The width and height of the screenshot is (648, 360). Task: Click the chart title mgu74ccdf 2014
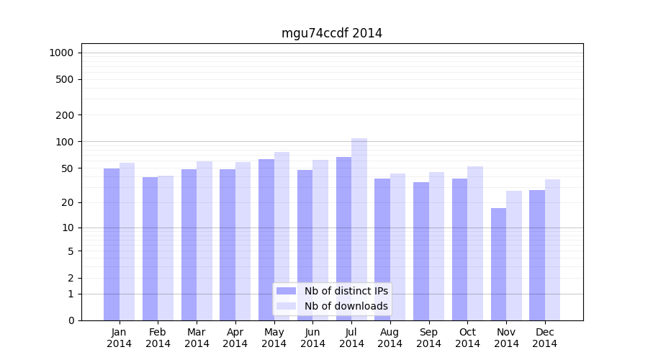(x=331, y=33)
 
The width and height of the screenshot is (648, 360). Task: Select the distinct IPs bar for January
(x=112, y=245)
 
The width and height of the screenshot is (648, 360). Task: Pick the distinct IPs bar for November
(x=498, y=264)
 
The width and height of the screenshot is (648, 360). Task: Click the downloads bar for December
(x=552, y=250)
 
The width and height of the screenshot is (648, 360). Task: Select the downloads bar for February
(x=166, y=248)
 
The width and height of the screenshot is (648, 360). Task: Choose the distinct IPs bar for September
(x=421, y=251)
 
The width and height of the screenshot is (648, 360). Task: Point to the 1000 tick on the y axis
(x=61, y=53)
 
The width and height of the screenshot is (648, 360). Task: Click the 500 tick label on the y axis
(x=65, y=79)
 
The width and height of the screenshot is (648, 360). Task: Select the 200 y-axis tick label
(x=65, y=115)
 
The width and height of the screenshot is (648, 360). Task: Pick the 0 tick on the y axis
(x=71, y=320)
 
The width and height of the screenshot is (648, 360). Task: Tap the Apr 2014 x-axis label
(x=235, y=338)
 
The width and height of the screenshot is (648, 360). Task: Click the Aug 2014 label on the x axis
(x=390, y=338)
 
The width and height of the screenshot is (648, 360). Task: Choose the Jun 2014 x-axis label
(x=312, y=338)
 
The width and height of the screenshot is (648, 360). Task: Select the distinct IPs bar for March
(x=189, y=245)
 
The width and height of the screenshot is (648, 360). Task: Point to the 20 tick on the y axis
(x=68, y=202)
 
